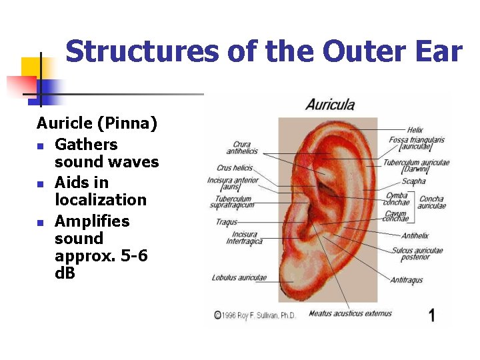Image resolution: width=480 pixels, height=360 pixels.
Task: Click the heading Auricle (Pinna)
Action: click(97, 123)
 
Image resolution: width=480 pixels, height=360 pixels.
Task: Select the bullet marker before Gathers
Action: click(41, 145)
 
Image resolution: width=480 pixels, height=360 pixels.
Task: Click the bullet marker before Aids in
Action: click(41, 183)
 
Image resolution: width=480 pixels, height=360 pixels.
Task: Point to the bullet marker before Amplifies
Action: click(41, 222)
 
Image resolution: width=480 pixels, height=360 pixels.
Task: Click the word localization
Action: click(100, 200)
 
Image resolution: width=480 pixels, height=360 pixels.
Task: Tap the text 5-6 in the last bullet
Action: click(139, 256)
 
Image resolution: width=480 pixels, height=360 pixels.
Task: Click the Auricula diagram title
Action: click(330, 105)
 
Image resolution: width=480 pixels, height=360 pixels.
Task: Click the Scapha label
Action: click(413, 181)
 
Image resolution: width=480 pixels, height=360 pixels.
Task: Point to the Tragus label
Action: click(227, 222)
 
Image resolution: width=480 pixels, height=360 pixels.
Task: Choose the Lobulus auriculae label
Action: click(239, 277)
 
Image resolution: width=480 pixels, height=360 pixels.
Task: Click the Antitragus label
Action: click(406, 280)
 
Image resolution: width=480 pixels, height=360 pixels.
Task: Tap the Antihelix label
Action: click(415, 235)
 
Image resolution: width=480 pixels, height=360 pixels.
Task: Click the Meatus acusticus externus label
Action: click(350, 313)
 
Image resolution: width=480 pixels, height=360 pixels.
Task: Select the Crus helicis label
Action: click(233, 168)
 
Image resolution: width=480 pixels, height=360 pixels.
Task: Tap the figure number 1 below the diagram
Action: click(431, 315)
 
